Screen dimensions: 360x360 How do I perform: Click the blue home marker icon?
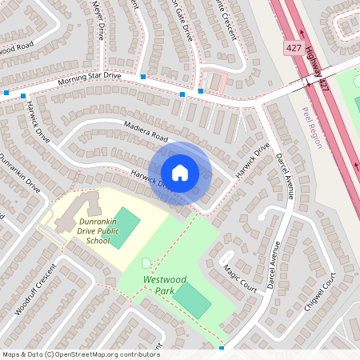pyautogui.click(x=180, y=172)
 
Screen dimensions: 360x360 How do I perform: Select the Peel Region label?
pyautogui.click(x=310, y=128)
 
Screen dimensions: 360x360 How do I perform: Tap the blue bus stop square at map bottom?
pyautogui.click(x=222, y=348)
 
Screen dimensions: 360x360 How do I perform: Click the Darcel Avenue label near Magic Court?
pyautogui.click(x=274, y=264)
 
